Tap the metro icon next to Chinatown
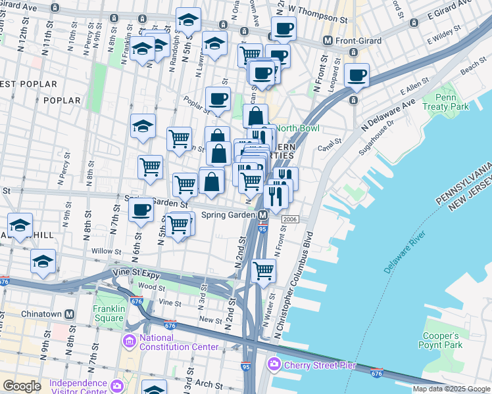(x=69, y=314)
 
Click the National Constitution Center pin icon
(x=129, y=341)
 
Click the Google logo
(x=21, y=386)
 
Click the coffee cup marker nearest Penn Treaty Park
(x=357, y=76)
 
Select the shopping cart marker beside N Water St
(x=263, y=270)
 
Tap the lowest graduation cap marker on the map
(x=43, y=261)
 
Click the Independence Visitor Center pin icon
(x=117, y=384)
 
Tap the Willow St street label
(x=107, y=251)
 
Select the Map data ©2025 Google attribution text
(x=451, y=389)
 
